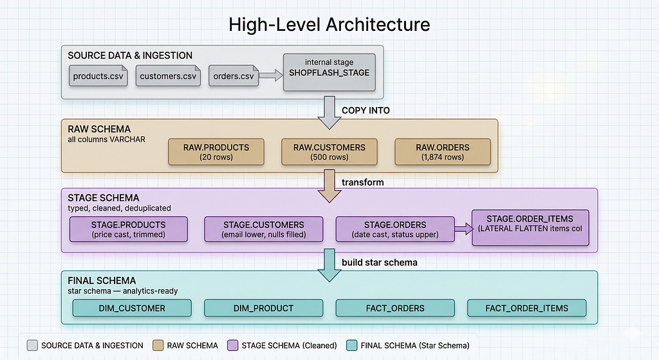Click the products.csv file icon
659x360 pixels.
click(98, 76)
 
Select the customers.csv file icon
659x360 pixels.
click(168, 76)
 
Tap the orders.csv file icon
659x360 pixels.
click(234, 76)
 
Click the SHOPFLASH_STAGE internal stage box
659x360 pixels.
click(329, 72)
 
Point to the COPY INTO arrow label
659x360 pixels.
click(366, 111)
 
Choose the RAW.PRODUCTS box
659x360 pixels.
click(216, 152)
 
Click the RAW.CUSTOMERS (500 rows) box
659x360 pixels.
click(329, 152)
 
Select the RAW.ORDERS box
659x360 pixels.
click(443, 152)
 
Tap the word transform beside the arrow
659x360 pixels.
click(363, 182)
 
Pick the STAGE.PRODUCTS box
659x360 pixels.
click(129, 229)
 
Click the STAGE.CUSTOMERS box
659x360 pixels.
click(263, 229)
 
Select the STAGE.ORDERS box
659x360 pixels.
click(395, 229)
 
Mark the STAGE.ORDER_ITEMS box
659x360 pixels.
click(530, 227)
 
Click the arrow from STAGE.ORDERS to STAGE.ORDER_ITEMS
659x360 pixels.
click(464, 229)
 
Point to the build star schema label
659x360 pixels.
click(380, 262)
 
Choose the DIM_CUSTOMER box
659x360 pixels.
click(132, 308)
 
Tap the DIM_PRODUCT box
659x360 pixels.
click(263, 308)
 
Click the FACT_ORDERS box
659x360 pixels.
click(395, 308)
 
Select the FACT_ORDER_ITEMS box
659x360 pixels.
click(526, 308)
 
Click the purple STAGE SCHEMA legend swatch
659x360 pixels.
click(232, 345)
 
